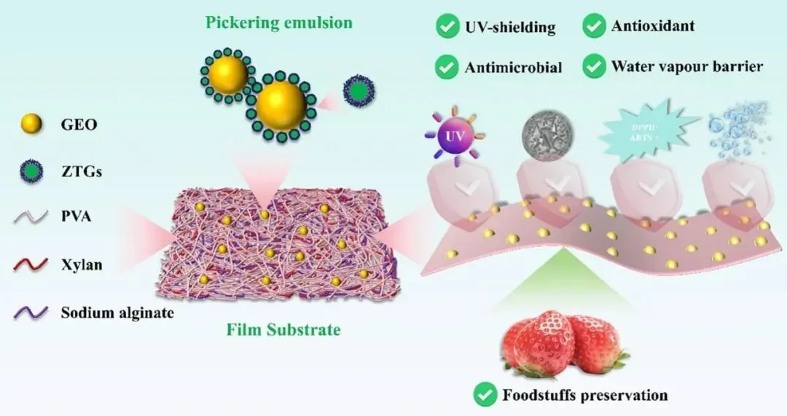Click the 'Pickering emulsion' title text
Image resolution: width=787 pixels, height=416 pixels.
279,22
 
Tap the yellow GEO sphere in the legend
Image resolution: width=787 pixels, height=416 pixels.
28,124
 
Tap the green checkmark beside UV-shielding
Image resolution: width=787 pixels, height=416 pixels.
446,28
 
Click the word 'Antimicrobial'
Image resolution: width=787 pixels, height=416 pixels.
513,68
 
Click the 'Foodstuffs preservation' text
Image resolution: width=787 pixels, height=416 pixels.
584,396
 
